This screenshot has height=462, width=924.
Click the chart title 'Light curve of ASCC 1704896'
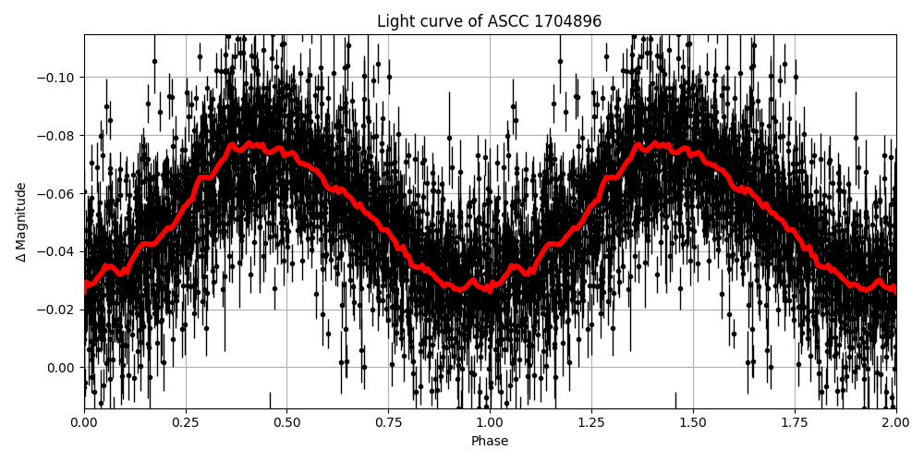pyautogui.click(x=489, y=21)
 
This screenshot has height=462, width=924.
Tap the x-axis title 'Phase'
pyautogui.click(x=489, y=442)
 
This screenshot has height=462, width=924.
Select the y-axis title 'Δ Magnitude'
pyautogui.click(x=21, y=222)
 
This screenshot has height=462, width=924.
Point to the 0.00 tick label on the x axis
pyautogui.click(x=84, y=423)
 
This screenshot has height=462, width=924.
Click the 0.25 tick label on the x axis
pyautogui.click(x=186, y=423)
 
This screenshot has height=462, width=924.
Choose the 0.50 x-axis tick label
pyautogui.click(x=286, y=423)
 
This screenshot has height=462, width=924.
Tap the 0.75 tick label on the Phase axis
pyautogui.click(x=388, y=423)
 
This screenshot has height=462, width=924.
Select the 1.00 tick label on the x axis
pyautogui.click(x=490, y=423)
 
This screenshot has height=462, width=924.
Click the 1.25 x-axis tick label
pyautogui.click(x=591, y=423)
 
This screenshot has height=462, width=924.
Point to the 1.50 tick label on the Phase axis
pyautogui.click(x=692, y=423)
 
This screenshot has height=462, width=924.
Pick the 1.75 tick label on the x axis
pyautogui.click(x=794, y=423)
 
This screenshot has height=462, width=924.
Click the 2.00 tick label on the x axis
pyautogui.click(x=895, y=423)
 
